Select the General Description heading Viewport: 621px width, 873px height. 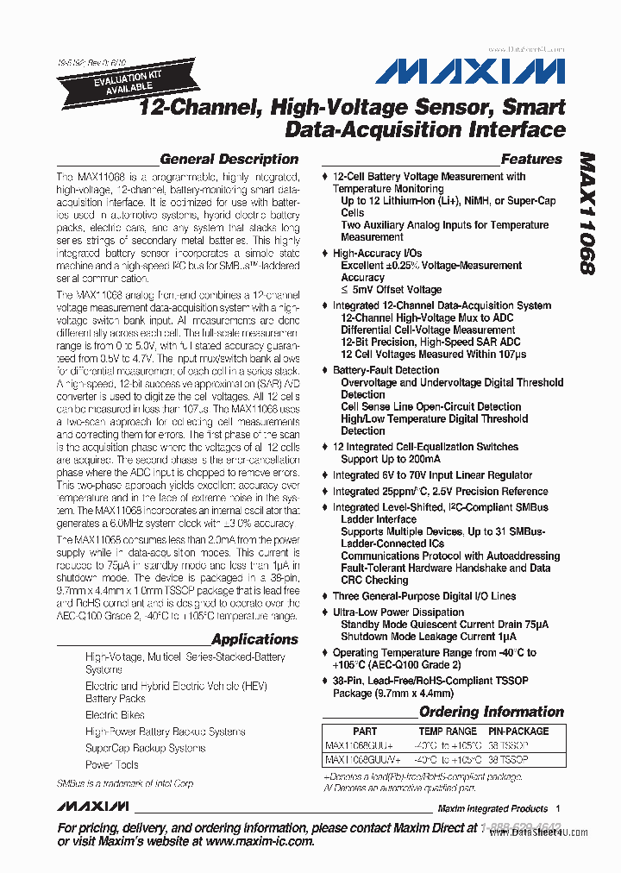pyautogui.click(x=229, y=160)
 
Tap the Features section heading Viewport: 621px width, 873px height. pyautogui.click(x=531, y=160)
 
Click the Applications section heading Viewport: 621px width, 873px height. pyautogui.click(x=254, y=639)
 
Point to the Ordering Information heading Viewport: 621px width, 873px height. pyautogui.click(x=491, y=713)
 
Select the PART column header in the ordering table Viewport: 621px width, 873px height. pyautogui.click(x=365, y=731)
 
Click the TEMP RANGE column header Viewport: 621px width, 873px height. pyautogui.click(x=447, y=731)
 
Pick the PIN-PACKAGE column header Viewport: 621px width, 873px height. pyautogui.click(x=518, y=731)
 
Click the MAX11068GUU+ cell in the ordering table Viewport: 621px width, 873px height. pyautogui.click(x=358, y=744)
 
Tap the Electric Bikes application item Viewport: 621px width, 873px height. pyautogui.click(x=115, y=715)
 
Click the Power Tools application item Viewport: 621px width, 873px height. pyautogui.click(x=112, y=764)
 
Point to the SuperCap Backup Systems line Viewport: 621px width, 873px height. pyautogui.click(x=145, y=748)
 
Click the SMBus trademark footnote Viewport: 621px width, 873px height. pyautogui.click(x=125, y=783)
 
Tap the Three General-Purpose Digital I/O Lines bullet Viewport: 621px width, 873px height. pyautogui.click(x=424, y=596)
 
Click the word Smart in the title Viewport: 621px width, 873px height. pyautogui.click(x=534, y=108)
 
